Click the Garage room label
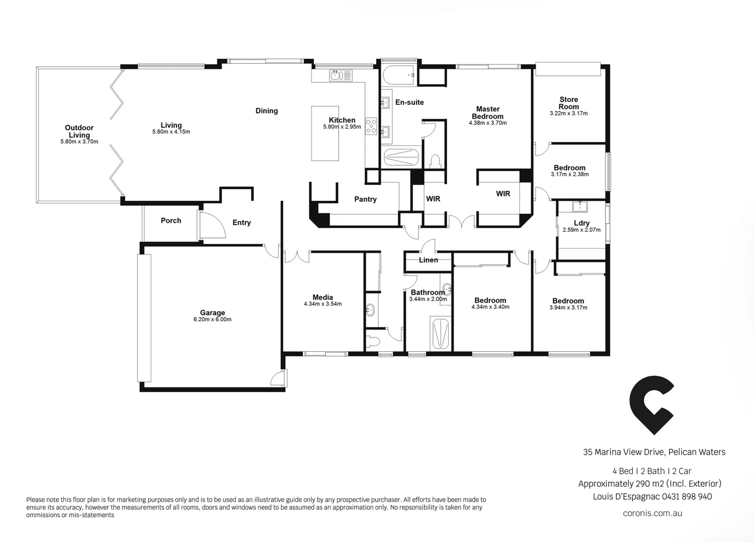click(x=212, y=313)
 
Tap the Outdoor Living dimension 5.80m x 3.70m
click(x=79, y=142)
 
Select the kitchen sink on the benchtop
click(x=341, y=75)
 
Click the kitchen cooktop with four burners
click(x=371, y=126)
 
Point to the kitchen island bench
click(x=325, y=133)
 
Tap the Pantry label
click(x=365, y=199)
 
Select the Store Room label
click(x=569, y=103)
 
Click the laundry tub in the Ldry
click(x=580, y=206)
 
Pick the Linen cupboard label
click(x=428, y=260)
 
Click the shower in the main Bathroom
click(x=441, y=333)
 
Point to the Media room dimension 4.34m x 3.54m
click(x=322, y=304)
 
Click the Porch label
click(x=171, y=221)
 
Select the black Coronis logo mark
click(x=651, y=404)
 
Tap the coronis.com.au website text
click(x=652, y=513)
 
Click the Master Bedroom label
click(x=488, y=112)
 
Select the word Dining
click(x=266, y=111)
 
